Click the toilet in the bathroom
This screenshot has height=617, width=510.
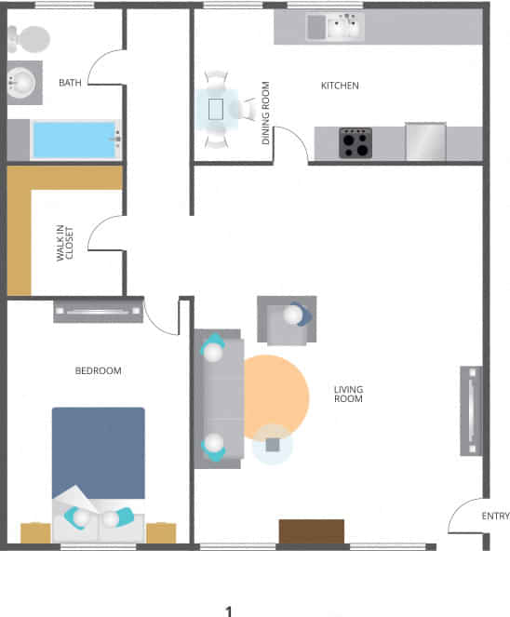pyautogui.click(x=28, y=37)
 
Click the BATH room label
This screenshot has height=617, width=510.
pyautogui.click(x=70, y=83)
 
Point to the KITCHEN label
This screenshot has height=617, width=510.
pyautogui.click(x=340, y=87)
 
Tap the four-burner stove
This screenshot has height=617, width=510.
pyautogui.click(x=355, y=142)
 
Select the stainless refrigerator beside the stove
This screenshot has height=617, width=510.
pyautogui.click(x=425, y=141)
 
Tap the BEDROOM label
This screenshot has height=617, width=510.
pyautogui.click(x=98, y=371)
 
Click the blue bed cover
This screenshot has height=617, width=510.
pyautogui.click(x=98, y=451)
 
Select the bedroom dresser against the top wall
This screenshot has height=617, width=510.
pyautogui.click(x=98, y=310)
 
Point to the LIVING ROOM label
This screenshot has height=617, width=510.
pyautogui.click(x=348, y=394)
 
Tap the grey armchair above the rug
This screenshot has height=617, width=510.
pyautogui.click(x=287, y=320)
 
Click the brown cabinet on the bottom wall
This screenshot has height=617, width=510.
pyautogui.click(x=312, y=531)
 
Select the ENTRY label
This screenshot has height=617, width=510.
pyautogui.click(x=495, y=516)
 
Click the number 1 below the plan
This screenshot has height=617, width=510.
pyautogui.click(x=228, y=611)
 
